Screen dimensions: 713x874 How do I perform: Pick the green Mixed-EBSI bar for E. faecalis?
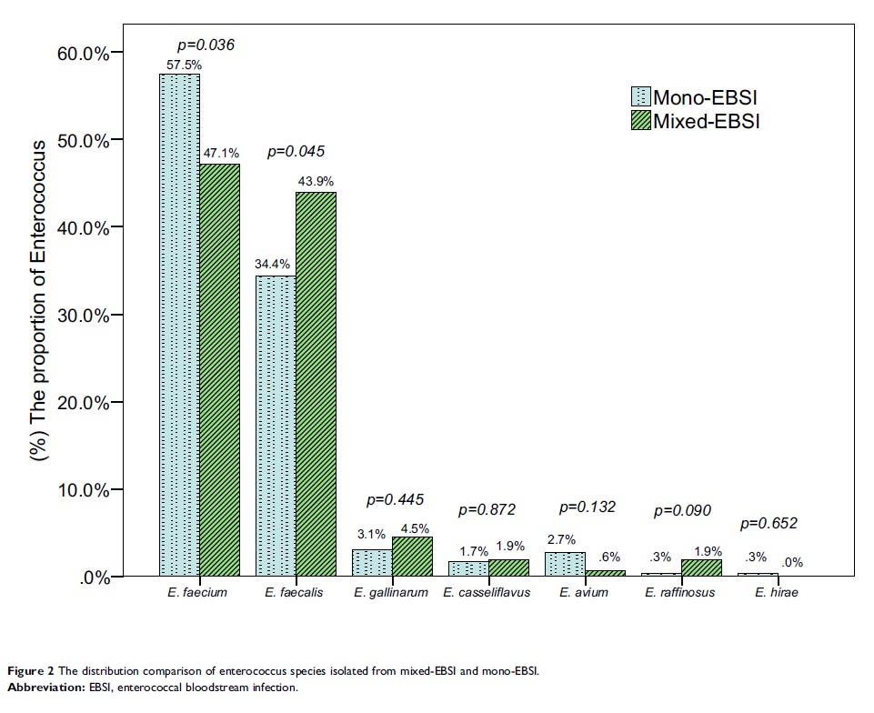point(316,383)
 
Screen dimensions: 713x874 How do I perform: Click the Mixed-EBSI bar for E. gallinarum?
point(411,556)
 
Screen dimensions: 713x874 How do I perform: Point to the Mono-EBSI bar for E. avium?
point(565,564)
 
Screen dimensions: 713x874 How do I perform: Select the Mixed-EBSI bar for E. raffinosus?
point(701,567)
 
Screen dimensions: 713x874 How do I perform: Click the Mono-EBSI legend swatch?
point(641,97)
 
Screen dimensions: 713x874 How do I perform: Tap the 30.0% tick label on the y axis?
point(84,316)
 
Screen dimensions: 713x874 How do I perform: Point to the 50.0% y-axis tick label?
point(84,140)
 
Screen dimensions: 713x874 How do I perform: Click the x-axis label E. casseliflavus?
point(487,594)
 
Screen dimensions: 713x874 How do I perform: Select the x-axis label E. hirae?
point(777,594)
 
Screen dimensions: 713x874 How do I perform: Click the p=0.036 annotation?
point(206,44)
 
